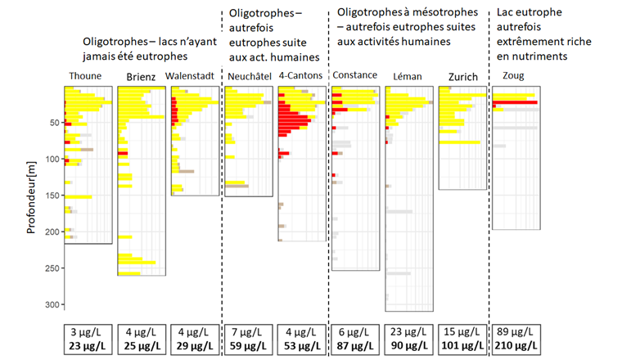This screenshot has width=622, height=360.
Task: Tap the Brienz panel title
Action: (x=142, y=77)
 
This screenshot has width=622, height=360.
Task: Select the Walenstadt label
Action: (x=190, y=76)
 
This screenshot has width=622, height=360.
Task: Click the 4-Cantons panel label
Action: (x=300, y=76)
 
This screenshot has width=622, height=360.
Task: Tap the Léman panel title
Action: (x=407, y=76)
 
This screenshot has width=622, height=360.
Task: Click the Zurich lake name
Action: (x=463, y=77)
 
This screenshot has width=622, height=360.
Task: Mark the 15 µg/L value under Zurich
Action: (x=462, y=332)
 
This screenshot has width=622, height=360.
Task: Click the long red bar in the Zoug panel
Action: (x=516, y=102)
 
